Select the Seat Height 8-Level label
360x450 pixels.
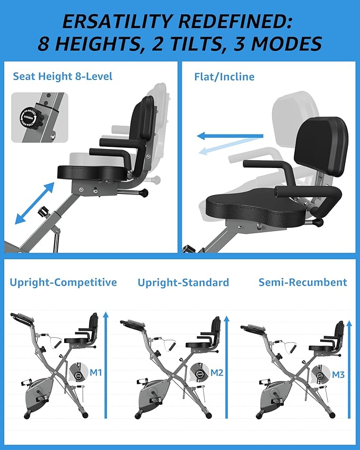point(63,76)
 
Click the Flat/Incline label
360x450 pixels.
point(224,76)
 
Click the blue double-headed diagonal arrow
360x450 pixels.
point(35,202)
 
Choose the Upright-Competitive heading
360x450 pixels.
point(63,282)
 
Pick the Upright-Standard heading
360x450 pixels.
point(183,282)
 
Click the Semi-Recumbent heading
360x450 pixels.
point(303,282)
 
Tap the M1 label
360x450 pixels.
point(95,373)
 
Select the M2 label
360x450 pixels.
point(217,373)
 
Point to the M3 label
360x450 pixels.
point(338,375)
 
